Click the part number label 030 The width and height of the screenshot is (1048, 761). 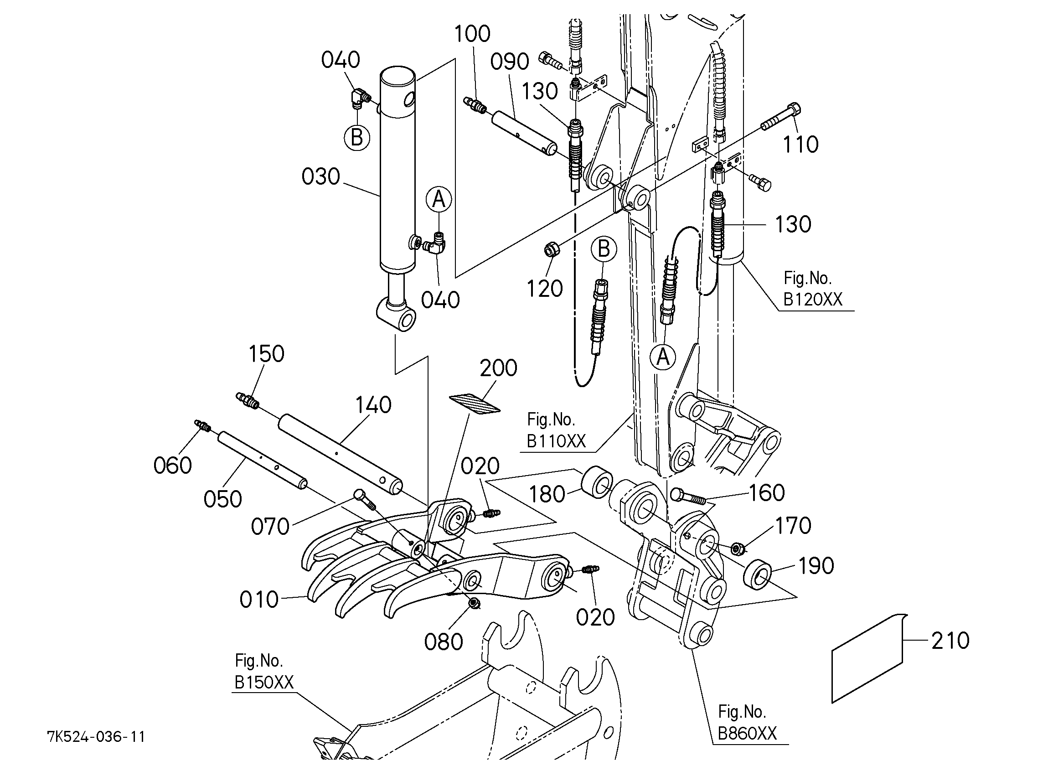coord(320,176)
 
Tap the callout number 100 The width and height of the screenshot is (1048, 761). coord(472,34)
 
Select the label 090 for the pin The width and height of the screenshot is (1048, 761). coord(509,62)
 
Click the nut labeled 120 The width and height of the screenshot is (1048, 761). coord(551,250)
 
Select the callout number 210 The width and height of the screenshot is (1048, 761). coord(950,641)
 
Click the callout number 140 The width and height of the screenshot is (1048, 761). coord(373,404)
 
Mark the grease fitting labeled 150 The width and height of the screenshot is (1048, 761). coord(248,399)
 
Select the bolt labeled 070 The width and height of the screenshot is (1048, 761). coord(366,500)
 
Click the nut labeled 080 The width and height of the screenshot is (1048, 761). coord(473,603)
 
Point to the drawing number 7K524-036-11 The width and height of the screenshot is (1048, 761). coord(96,736)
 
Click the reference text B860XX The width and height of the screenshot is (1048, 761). coord(747,734)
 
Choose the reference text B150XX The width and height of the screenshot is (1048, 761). coord(264,683)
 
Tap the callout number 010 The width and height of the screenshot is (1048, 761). coord(259,600)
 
